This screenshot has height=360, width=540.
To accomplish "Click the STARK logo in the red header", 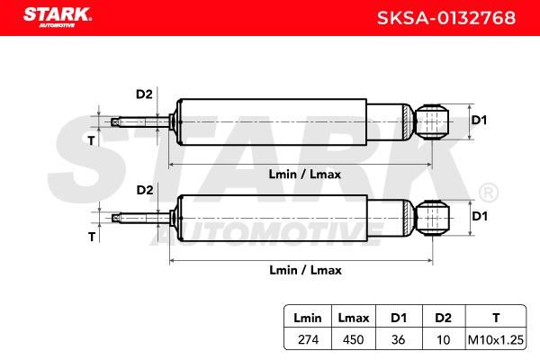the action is point(58,17).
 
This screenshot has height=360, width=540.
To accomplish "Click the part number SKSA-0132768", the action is point(446,18).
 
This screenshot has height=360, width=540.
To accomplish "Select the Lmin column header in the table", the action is point(308,318).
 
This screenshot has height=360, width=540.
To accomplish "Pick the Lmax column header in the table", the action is point(354,318).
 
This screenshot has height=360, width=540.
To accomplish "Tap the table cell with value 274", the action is point(308,339).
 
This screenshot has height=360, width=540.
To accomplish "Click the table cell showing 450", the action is point(354,339).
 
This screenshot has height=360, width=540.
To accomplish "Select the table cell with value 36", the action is point(398,339).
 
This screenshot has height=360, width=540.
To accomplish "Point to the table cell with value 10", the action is point(443,340).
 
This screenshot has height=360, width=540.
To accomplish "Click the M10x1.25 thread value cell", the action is point(496,339).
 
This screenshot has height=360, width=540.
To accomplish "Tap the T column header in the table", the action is point(496,318).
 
